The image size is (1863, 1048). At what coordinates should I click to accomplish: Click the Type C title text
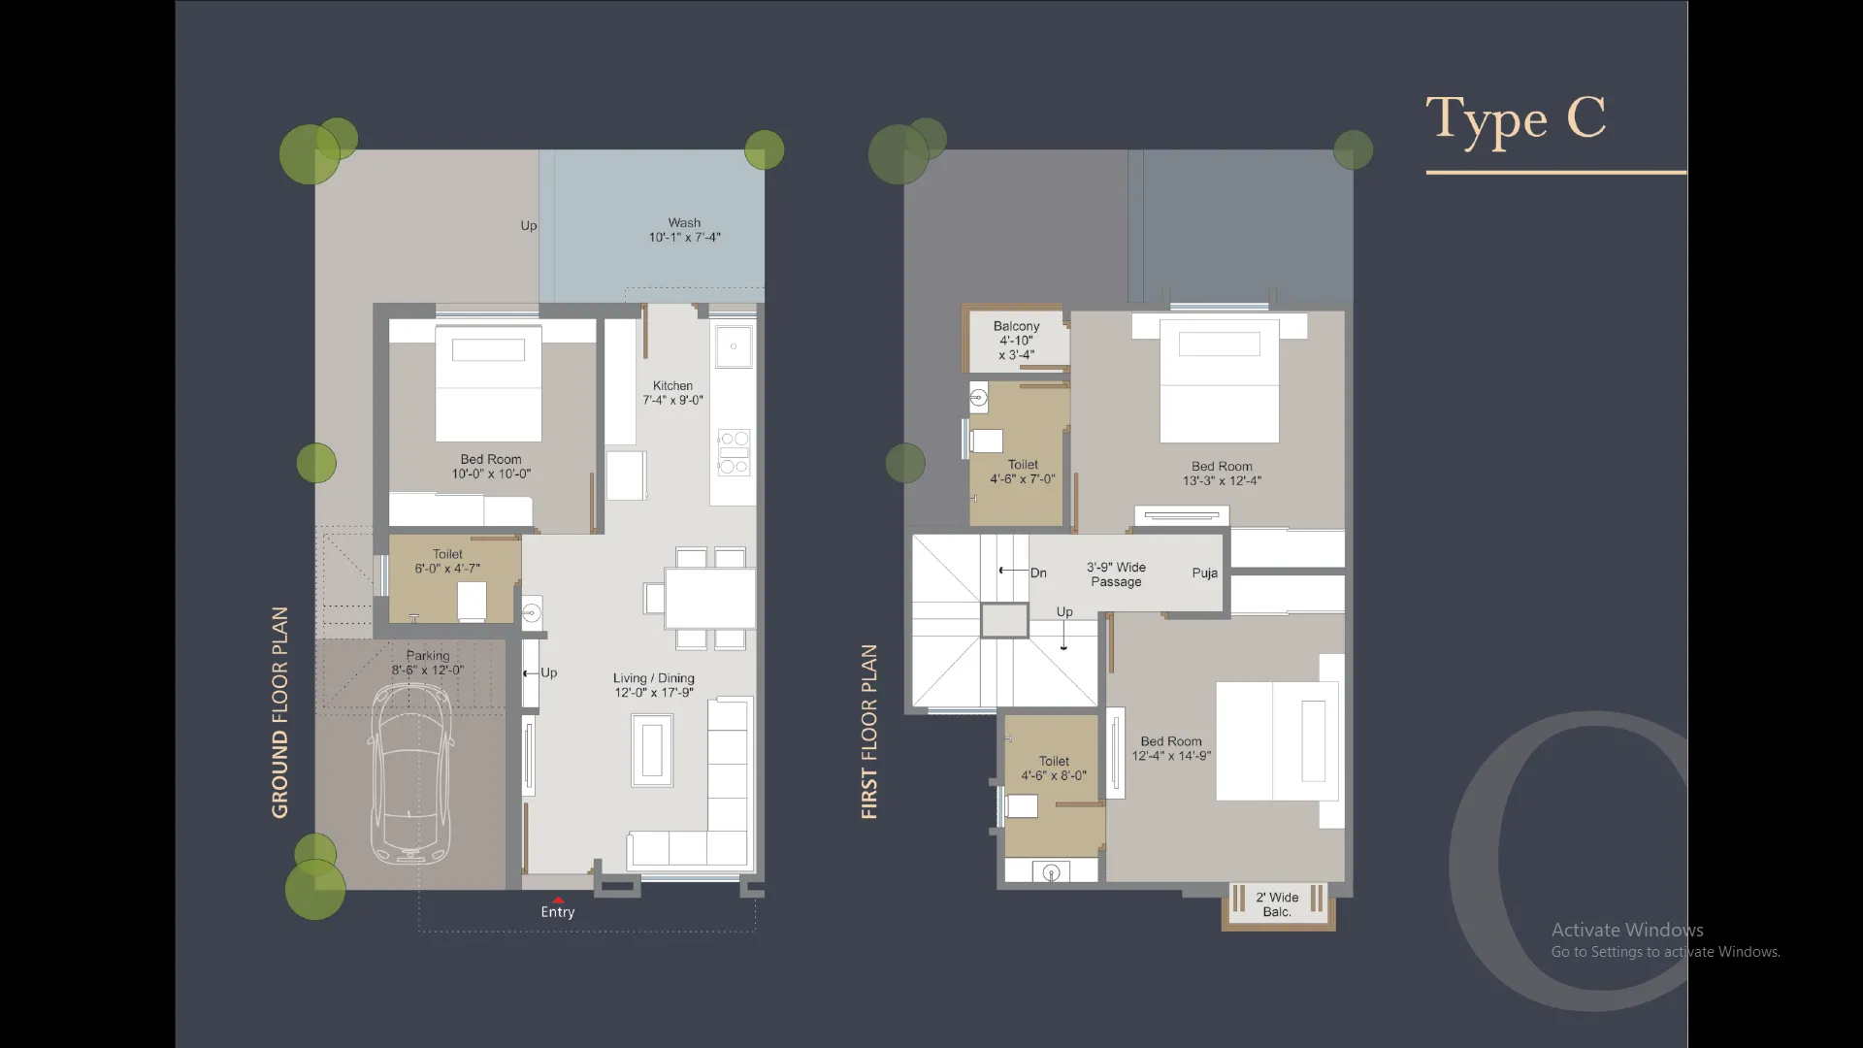point(1515,119)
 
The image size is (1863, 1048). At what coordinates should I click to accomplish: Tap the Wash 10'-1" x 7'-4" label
point(684,230)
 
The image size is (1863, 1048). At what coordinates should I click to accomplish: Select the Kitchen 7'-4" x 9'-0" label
point(672,392)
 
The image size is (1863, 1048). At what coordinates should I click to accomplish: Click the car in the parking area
point(410,773)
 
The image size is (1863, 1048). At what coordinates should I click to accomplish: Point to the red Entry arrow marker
point(558,900)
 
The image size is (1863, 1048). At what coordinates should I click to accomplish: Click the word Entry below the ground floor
point(558,912)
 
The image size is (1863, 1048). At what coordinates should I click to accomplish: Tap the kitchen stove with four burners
point(734,452)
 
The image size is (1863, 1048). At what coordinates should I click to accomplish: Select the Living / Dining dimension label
point(653,685)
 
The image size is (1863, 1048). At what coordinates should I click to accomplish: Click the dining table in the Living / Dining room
point(709,598)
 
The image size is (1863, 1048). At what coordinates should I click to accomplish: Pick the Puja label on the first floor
point(1204,573)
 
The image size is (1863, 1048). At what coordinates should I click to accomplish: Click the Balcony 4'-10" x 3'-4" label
point(1016,340)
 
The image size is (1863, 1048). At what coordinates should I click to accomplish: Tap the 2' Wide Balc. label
point(1277,904)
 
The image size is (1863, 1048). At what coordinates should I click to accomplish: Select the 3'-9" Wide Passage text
point(1116,573)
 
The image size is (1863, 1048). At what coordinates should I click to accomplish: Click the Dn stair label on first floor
point(1038,573)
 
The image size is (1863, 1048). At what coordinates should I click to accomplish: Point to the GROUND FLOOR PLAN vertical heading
point(279,712)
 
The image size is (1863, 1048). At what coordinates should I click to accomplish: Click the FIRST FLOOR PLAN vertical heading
point(868,732)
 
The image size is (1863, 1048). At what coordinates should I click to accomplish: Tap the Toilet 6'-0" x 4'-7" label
point(447,561)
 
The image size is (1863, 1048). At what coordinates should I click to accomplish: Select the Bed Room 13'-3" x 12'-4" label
point(1222,473)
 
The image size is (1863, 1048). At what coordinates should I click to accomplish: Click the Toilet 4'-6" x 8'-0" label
point(1054,768)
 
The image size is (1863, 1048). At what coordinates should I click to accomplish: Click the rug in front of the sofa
point(652,750)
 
